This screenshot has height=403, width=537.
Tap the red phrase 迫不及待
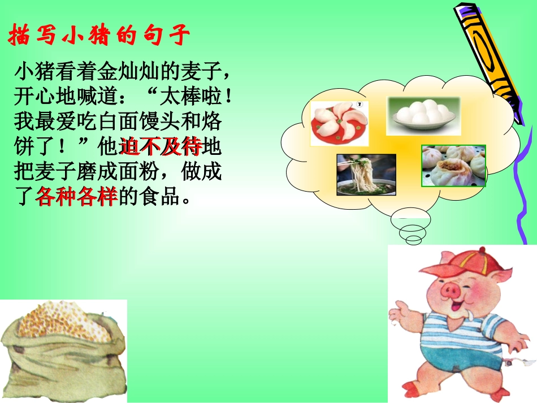(161, 147)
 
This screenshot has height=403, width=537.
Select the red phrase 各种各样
(76, 196)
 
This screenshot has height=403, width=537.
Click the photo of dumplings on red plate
(339, 123)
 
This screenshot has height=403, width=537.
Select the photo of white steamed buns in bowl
(423, 115)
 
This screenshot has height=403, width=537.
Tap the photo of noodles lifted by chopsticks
(366, 174)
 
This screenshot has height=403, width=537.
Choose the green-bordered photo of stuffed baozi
(454, 165)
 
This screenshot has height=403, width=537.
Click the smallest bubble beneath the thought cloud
(414, 240)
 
